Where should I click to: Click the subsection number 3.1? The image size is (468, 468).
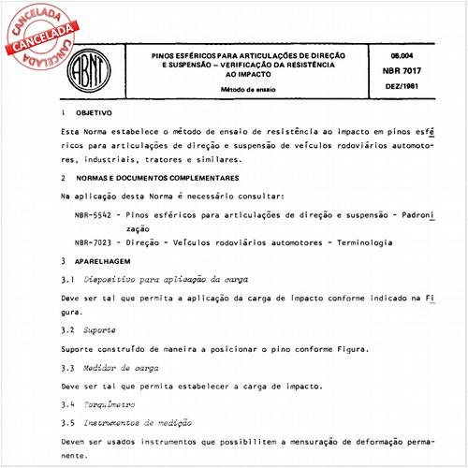66,279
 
